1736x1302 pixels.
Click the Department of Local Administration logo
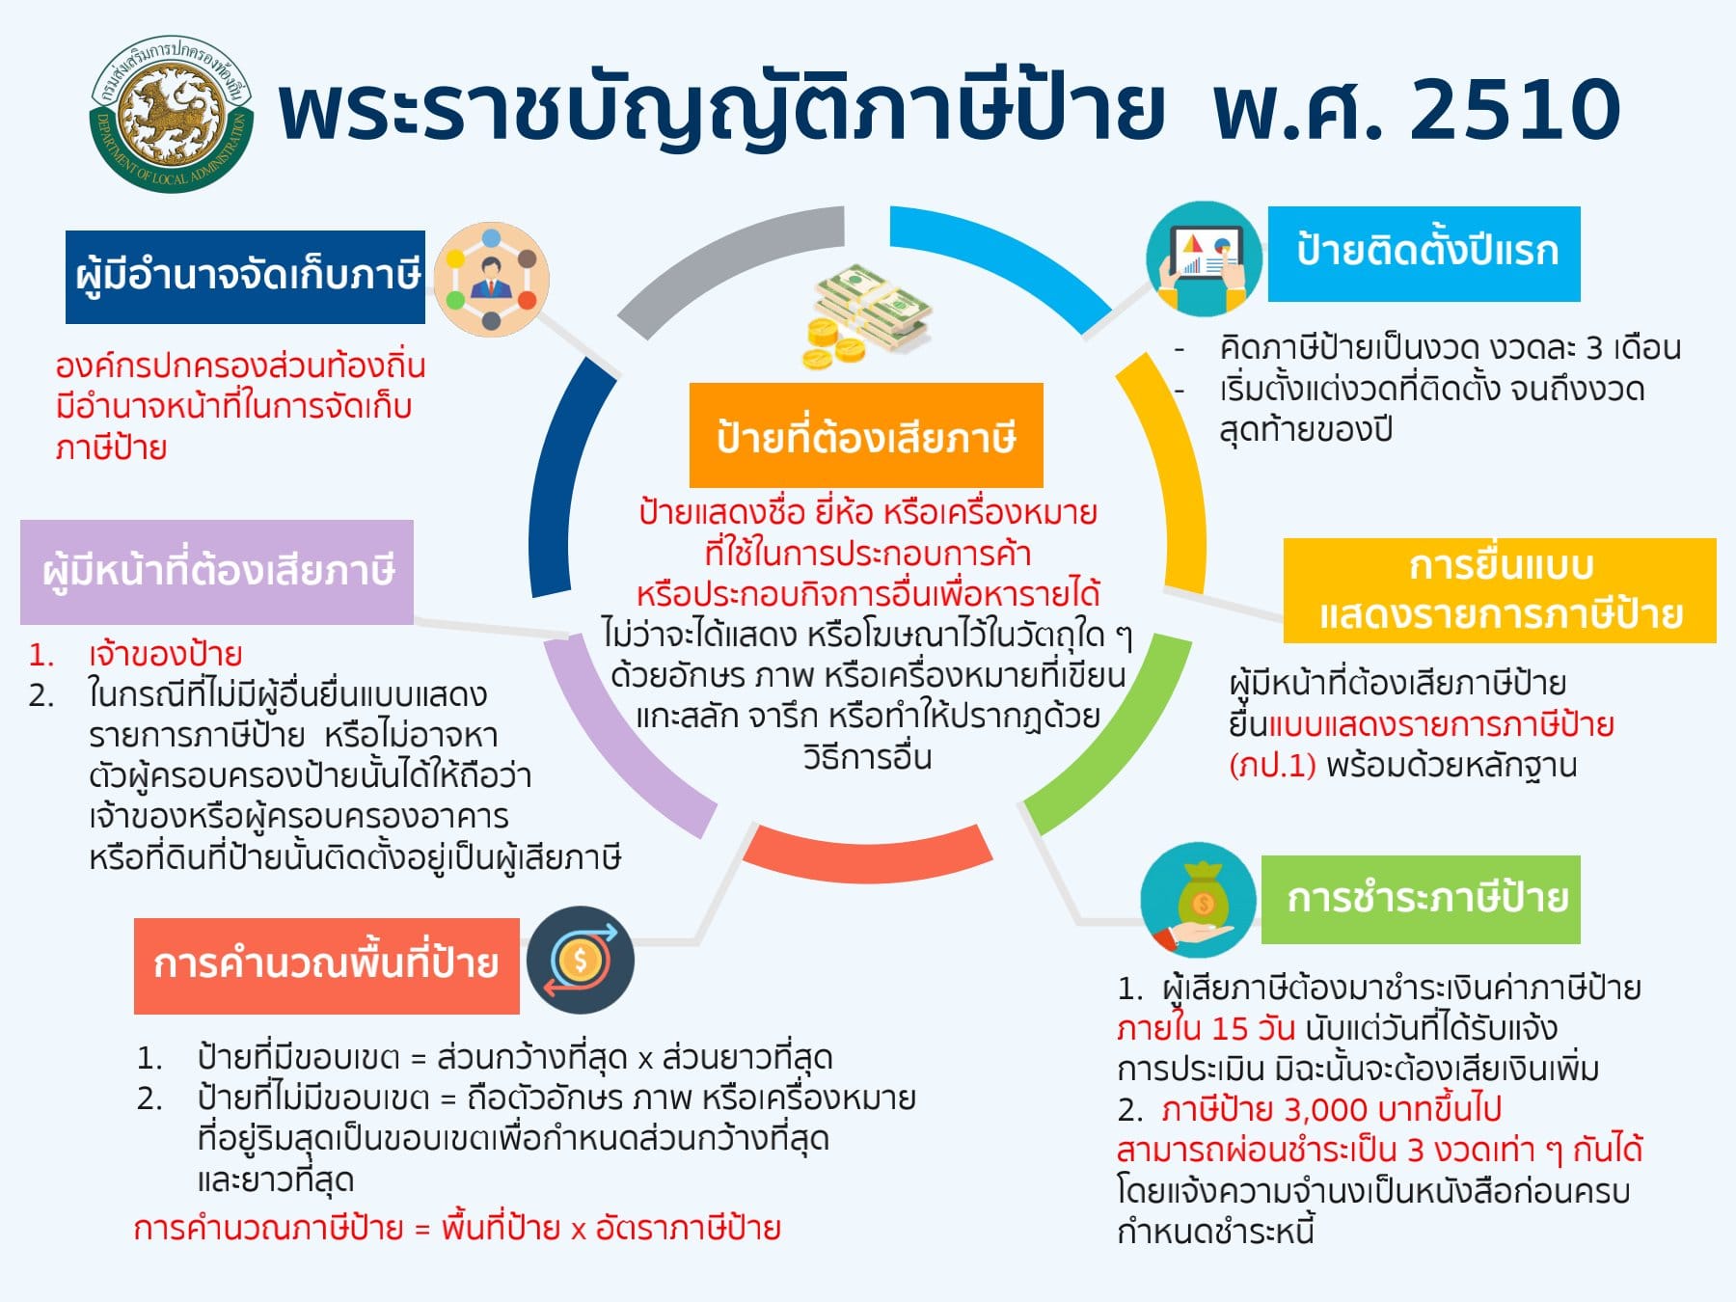tap(171, 114)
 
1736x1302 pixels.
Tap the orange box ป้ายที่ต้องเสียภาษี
tap(866, 435)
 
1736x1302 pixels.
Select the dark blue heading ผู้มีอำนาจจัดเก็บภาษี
tap(245, 277)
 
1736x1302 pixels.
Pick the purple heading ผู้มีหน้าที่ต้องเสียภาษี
tap(217, 572)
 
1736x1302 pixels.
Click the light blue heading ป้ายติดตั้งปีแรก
tap(1424, 254)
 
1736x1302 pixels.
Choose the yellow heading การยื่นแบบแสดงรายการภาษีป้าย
tap(1500, 590)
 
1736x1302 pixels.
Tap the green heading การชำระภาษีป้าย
tap(1421, 899)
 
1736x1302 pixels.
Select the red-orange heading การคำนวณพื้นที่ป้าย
tap(326, 965)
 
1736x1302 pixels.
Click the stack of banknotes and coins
tap(866, 316)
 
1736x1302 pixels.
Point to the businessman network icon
tap(491, 280)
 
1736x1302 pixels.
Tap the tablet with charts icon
tap(1204, 258)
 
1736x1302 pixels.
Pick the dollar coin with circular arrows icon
tap(581, 961)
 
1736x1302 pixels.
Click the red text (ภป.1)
tap(1272, 766)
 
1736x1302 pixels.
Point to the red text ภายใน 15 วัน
tap(1206, 1028)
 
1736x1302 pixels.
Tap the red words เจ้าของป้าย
tap(165, 655)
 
